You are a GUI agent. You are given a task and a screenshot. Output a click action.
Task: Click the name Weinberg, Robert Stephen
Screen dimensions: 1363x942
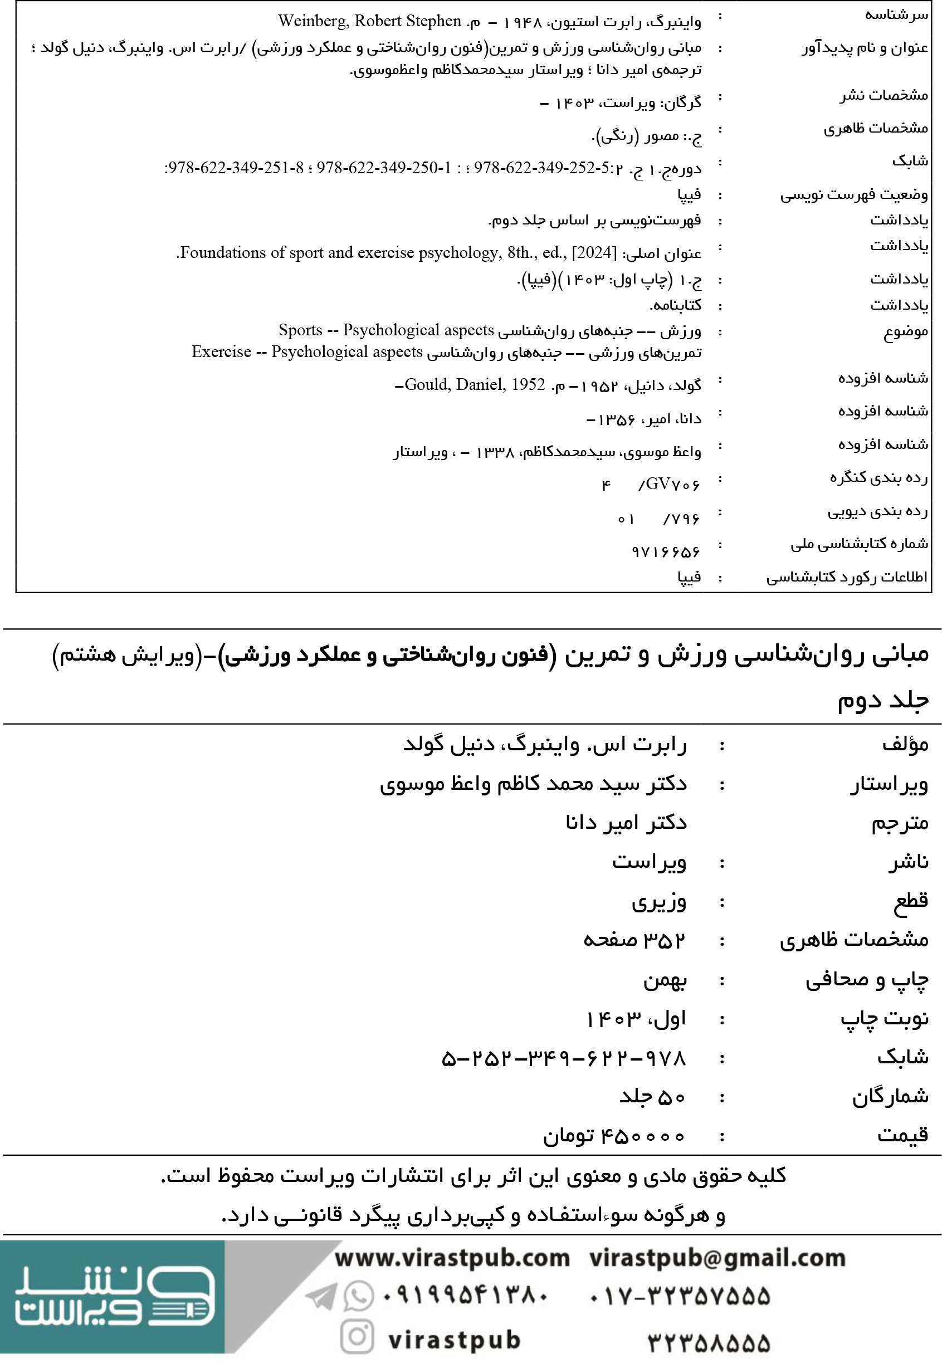(x=369, y=21)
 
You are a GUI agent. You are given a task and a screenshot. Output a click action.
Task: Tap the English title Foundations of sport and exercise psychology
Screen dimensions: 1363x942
(x=343, y=253)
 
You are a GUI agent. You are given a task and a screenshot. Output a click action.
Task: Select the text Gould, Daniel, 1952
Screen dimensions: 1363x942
(x=475, y=385)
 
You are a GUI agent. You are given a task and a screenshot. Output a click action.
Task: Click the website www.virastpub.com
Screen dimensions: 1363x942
(x=452, y=1258)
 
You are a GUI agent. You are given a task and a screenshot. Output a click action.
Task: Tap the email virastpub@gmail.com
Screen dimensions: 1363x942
(x=717, y=1258)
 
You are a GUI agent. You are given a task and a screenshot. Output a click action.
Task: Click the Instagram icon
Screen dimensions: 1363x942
(x=357, y=1336)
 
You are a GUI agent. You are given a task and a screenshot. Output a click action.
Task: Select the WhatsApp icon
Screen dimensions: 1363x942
(x=359, y=1296)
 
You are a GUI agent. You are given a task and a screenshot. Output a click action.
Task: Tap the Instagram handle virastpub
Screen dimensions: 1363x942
(x=455, y=1340)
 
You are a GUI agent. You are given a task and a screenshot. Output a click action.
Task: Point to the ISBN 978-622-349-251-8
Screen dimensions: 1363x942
(x=235, y=168)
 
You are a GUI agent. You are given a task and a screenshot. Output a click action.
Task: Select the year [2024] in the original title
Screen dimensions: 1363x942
(x=594, y=253)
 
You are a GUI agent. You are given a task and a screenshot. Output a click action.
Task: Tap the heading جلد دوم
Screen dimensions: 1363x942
(x=883, y=700)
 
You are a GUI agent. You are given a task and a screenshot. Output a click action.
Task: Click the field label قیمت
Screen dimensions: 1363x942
(x=902, y=1134)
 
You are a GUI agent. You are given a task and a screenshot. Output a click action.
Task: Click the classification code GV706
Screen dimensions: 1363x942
(x=670, y=485)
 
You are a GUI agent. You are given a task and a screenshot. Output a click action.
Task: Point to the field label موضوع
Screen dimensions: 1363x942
(x=905, y=332)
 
